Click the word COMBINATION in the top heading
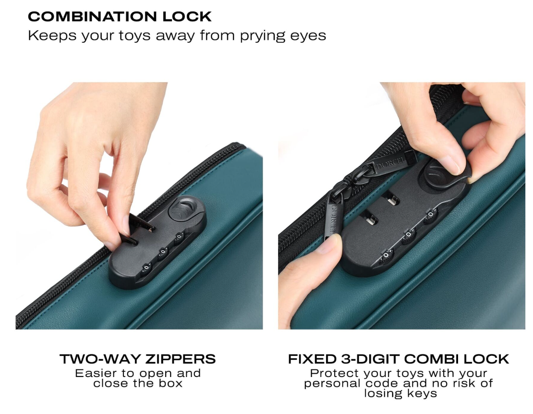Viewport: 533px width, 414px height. [93, 17]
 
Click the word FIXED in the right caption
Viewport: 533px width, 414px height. [312, 359]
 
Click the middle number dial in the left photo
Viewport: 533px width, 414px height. [163, 252]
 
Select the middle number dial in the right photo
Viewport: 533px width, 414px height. [408, 235]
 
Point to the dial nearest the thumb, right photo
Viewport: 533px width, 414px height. [386, 256]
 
